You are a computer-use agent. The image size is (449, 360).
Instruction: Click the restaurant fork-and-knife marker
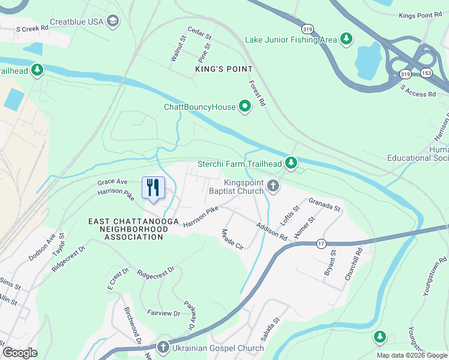pos(153,188)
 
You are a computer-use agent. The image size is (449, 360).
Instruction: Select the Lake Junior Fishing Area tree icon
pos(346,40)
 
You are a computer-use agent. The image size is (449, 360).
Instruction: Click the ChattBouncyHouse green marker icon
pos(244,107)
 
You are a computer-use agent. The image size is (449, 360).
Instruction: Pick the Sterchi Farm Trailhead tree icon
pos(291,163)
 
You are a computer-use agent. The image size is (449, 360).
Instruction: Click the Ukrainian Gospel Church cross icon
pos(163,347)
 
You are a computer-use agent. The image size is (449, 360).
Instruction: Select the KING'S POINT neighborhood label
pos(224,70)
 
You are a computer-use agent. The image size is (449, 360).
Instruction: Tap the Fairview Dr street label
pos(163,313)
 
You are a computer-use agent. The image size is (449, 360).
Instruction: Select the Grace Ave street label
pos(113,181)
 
